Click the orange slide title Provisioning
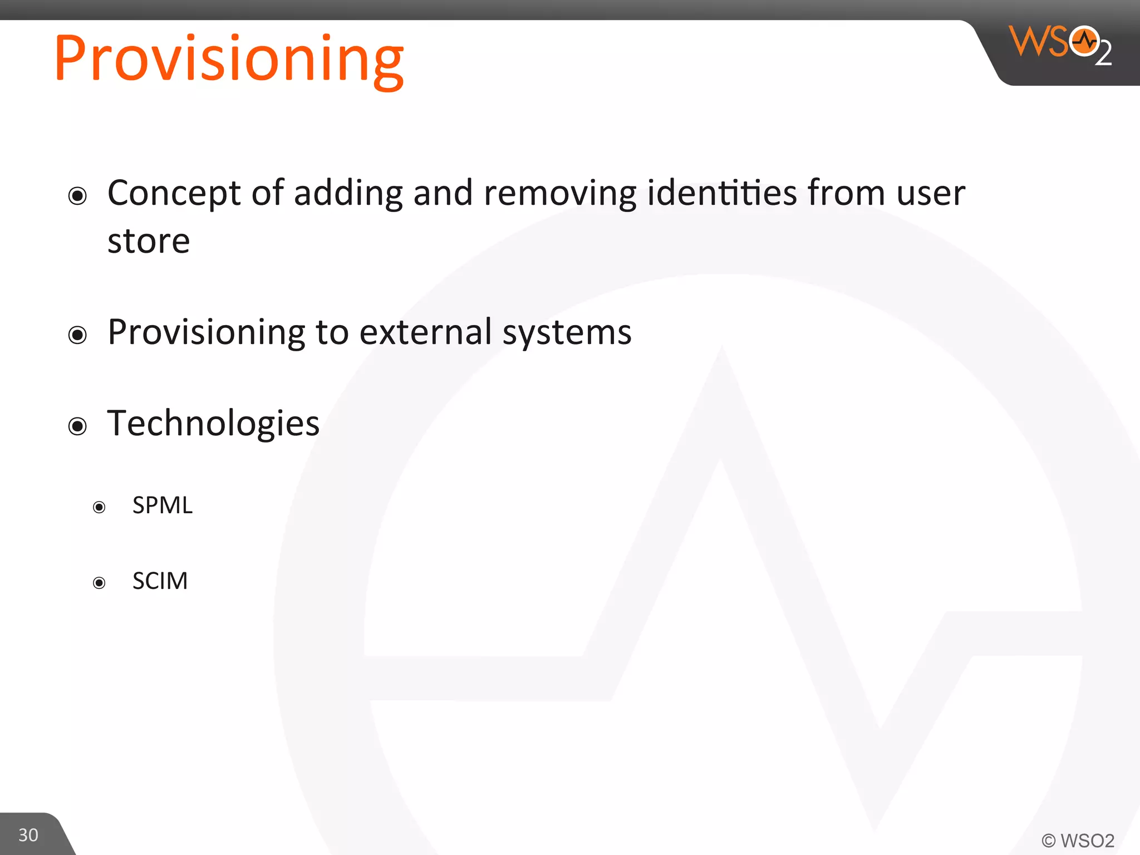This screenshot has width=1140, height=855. tap(229, 59)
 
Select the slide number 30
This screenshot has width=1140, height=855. tap(28, 834)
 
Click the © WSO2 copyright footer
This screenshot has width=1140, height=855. tap(1078, 840)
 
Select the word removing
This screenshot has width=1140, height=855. tap(560, 194)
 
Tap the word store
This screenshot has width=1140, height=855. tap(149, 242)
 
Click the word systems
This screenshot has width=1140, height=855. tap(567, 333)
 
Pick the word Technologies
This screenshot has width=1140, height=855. tap(213, 424)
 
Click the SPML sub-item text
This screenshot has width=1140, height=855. tap(163, 505)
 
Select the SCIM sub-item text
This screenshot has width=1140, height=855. tap(160, 581)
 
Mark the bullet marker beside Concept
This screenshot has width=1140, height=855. tap(77, 196)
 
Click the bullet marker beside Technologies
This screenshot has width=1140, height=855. tap(77, 426)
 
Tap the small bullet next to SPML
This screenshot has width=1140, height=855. tap(99, 507)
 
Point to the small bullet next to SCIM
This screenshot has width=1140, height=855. tap(99, 583)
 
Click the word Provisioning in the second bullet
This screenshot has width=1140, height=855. tap(207, 333)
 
